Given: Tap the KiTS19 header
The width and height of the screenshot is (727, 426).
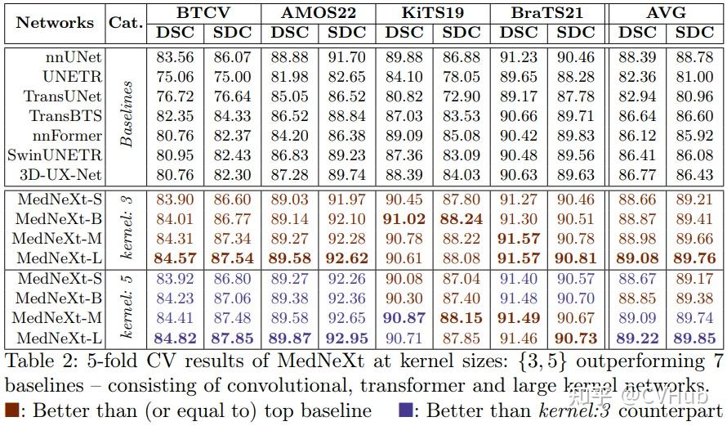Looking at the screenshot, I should pyautogui.click(x=431, y=13).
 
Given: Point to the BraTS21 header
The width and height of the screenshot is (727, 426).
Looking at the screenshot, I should pyautogui.click(x=546, y=13).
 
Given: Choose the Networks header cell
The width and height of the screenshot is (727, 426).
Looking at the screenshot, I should pyautogui.click(x=56, y=22).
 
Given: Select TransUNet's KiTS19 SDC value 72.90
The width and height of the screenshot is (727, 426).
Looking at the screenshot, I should pyautogui.click(x=461, y=96).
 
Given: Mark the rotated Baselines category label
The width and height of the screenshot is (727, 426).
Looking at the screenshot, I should pyautogui.click(x=126, y=114).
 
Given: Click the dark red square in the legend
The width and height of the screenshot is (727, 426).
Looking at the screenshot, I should pyautogui.click(x=12, y=410).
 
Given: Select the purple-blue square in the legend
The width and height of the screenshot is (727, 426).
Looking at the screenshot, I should pyautogui.click(x=406, y=410).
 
